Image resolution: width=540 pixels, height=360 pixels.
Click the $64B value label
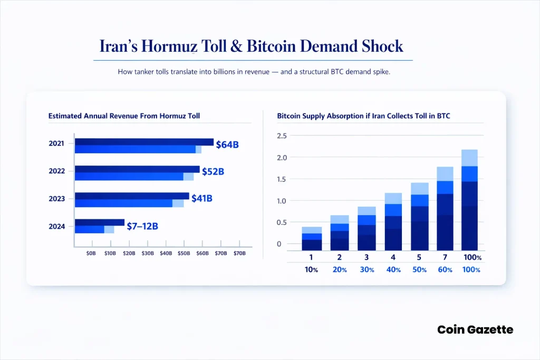pyautogui.click(x=227, y=144)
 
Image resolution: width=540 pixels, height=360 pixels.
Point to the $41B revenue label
pyautogui.click(x=202, y=198)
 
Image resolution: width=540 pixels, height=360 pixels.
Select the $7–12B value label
pyautogui.click(x=142, y=226)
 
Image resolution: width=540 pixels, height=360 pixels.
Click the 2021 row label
pyautogui.click(x=56, y=143)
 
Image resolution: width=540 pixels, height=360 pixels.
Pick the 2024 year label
pyautogui.click(x=56, y=227)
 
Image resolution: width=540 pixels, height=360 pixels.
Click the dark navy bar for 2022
pyautogui.click(x=137, y=169)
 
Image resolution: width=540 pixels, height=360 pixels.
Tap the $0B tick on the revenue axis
pyautogui.click(x=91, y=254)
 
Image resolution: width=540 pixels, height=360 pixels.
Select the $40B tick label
pyautogui.click(x=166, y=254)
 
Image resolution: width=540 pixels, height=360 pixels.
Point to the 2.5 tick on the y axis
pyautogui.click(x=282, y=136)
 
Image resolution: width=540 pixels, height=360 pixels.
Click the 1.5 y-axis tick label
pyautogui.click(x=282, y=179)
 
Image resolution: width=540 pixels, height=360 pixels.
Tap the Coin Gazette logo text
pyautogui.click(x=475, y=329)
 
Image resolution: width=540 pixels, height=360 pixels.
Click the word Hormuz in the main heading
pyautogui.click(x=171, y=46)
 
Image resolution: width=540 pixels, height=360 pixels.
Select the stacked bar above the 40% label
pyautogui.click(x=393, y=221)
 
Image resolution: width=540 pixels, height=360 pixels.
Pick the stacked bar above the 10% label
pyautogui.click(x=312, y=238)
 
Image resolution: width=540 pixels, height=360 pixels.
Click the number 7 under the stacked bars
pyautogui.click(x=448, y=257)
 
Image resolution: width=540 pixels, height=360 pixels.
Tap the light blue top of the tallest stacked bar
pyautogui.click(x=469, y=158)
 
